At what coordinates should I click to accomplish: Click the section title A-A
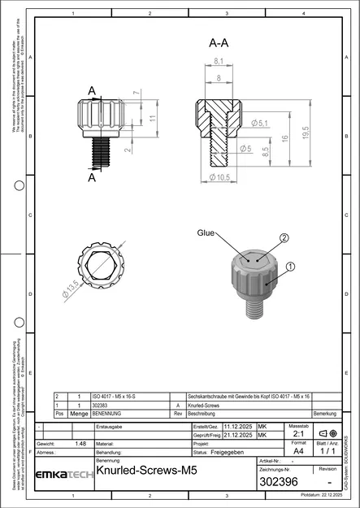coord(217,42)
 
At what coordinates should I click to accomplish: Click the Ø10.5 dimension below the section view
coord(220,176)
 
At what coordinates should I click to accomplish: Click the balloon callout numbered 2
coord(284,238)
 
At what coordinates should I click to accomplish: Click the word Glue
coord(206,232)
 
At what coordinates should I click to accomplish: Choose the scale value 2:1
coord(297,435)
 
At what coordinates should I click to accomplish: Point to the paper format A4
coord(297,449)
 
